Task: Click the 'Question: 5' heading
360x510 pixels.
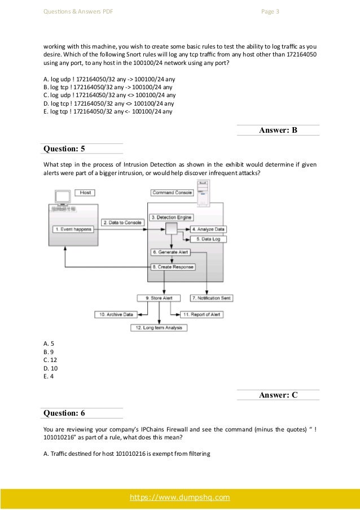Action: pos(64,149)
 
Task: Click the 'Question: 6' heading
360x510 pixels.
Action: pos(64,413)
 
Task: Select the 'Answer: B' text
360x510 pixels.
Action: pos(278,130)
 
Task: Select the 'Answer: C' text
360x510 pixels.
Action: pos(278,395)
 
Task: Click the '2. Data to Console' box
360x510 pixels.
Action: pos(122,223)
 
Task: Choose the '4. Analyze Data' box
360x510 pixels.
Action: pos(208,229)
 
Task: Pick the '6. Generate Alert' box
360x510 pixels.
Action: pos(170,252)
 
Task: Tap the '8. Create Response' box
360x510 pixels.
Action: pos(172,267)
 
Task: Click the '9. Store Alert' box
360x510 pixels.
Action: pos(156,298)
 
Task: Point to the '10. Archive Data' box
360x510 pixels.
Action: pos(117,314)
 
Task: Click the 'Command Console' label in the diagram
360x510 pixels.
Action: pos(172,193)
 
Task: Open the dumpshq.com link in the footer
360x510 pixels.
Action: pos(180,498)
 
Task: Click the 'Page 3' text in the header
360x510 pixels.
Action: pos(271,11)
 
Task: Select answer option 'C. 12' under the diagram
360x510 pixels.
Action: pos(50,359)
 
